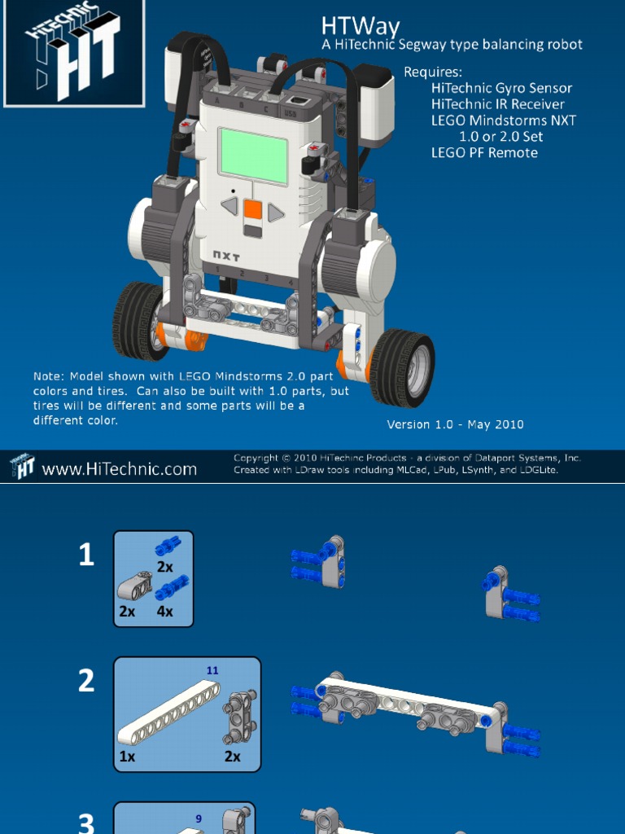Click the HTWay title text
coord(361,25)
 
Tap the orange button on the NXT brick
coord(253,210)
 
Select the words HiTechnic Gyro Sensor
coord(501,88)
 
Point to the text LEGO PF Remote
coord(484,152)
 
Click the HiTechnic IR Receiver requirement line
coord(497,104)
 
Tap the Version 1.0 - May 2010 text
coord(455,424)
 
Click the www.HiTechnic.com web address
coord(119,469)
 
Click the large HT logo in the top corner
coord(74,53)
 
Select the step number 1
coord(86,555)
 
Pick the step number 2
coord(86,681)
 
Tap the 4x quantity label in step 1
coord(164,612)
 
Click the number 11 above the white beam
coord(212,670)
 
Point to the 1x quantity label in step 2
coord(127,756)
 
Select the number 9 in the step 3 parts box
coord(199,819)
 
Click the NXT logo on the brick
coord(226,256)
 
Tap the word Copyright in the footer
coord(256,458)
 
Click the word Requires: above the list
coord(433,72)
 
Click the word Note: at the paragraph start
coord(49,376)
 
